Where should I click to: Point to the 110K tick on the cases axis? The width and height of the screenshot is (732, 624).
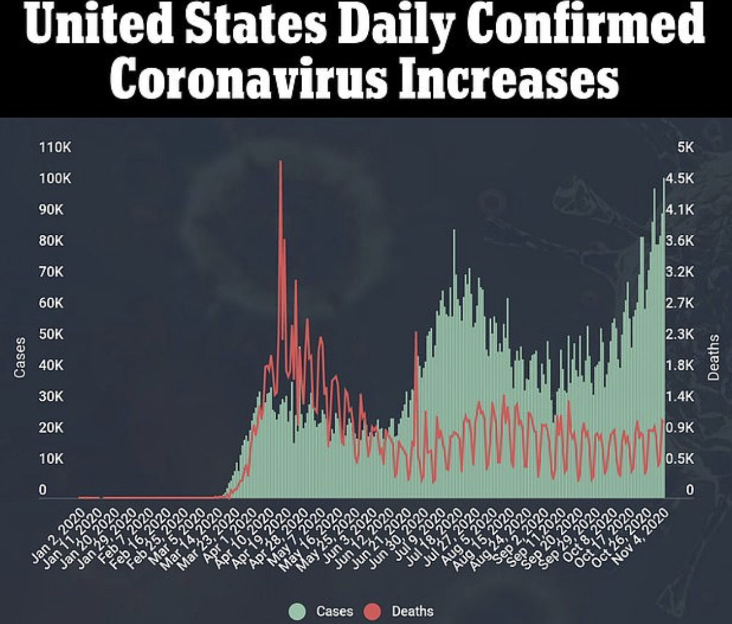(x=55, y=147)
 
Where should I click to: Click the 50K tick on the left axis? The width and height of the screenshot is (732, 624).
(x=51, y=334)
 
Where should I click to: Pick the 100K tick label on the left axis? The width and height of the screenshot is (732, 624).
(x=55, y=179)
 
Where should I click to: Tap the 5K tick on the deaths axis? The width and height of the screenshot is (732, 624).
(x=685, y=147)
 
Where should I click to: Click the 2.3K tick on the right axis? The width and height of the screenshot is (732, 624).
(x=680, y=334)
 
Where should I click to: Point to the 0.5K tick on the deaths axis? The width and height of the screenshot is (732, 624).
(x=680, y=459)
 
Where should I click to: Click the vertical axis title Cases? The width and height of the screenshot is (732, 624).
(x=20, y=357)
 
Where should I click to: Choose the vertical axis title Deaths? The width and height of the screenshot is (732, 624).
(x=714, y=357)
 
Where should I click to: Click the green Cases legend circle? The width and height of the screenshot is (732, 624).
(x=297, y=611)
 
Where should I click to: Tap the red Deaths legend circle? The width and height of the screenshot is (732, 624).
(x=373, y=611)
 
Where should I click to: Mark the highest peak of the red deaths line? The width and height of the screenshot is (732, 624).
(x=280, y=162)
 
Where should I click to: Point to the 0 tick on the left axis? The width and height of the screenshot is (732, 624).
(x=43, y=489)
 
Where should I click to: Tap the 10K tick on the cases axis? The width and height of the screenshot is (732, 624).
(x=51, y=459)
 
